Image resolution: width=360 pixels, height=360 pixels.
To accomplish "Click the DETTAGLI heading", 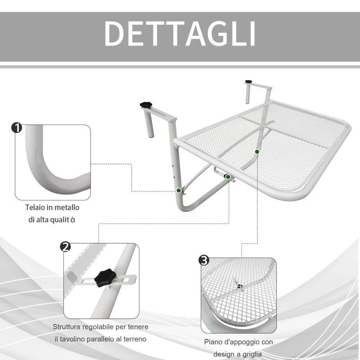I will point(180,32).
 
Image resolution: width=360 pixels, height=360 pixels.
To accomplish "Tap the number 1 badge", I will point(16,128).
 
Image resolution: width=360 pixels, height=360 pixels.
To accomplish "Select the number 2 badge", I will point(66,247).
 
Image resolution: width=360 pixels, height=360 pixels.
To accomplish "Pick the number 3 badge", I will point(204,260).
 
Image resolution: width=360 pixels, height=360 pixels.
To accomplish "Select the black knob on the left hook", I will point(147,104).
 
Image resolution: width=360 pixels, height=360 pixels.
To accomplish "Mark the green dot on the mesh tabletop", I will point(257,152).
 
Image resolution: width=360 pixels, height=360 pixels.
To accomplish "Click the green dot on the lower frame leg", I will point(179,191).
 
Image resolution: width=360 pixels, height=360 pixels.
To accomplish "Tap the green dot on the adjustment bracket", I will point(228,177).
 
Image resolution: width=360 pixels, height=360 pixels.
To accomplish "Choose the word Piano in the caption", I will point(213,342).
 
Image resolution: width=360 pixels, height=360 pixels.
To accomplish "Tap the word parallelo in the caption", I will point(108,338).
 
